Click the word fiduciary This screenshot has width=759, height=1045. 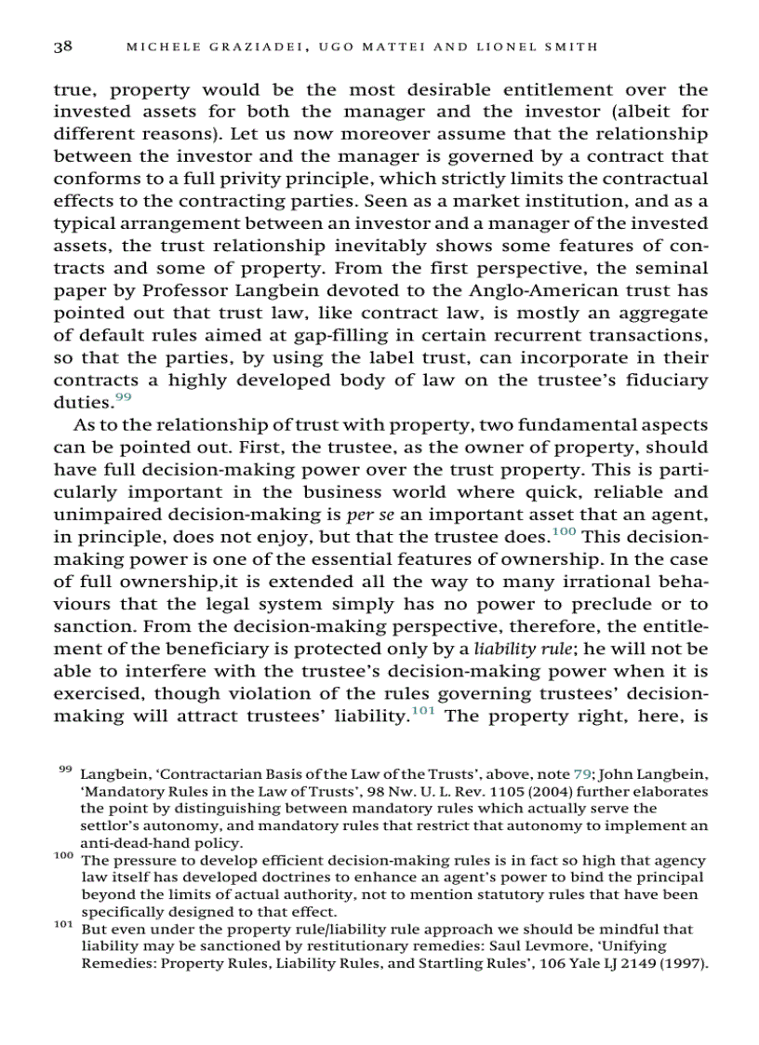coord(661,381)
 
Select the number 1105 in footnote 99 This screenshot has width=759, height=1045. coord(443,791)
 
